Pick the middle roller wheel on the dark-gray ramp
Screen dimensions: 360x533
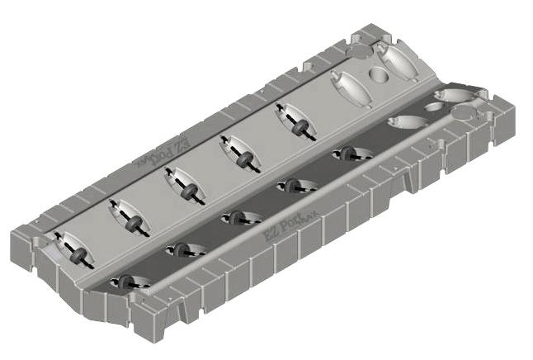(x=236, y=218)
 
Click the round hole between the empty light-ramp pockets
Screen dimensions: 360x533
(x=379, y=77)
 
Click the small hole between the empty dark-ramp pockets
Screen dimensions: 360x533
(x=435, y=107)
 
